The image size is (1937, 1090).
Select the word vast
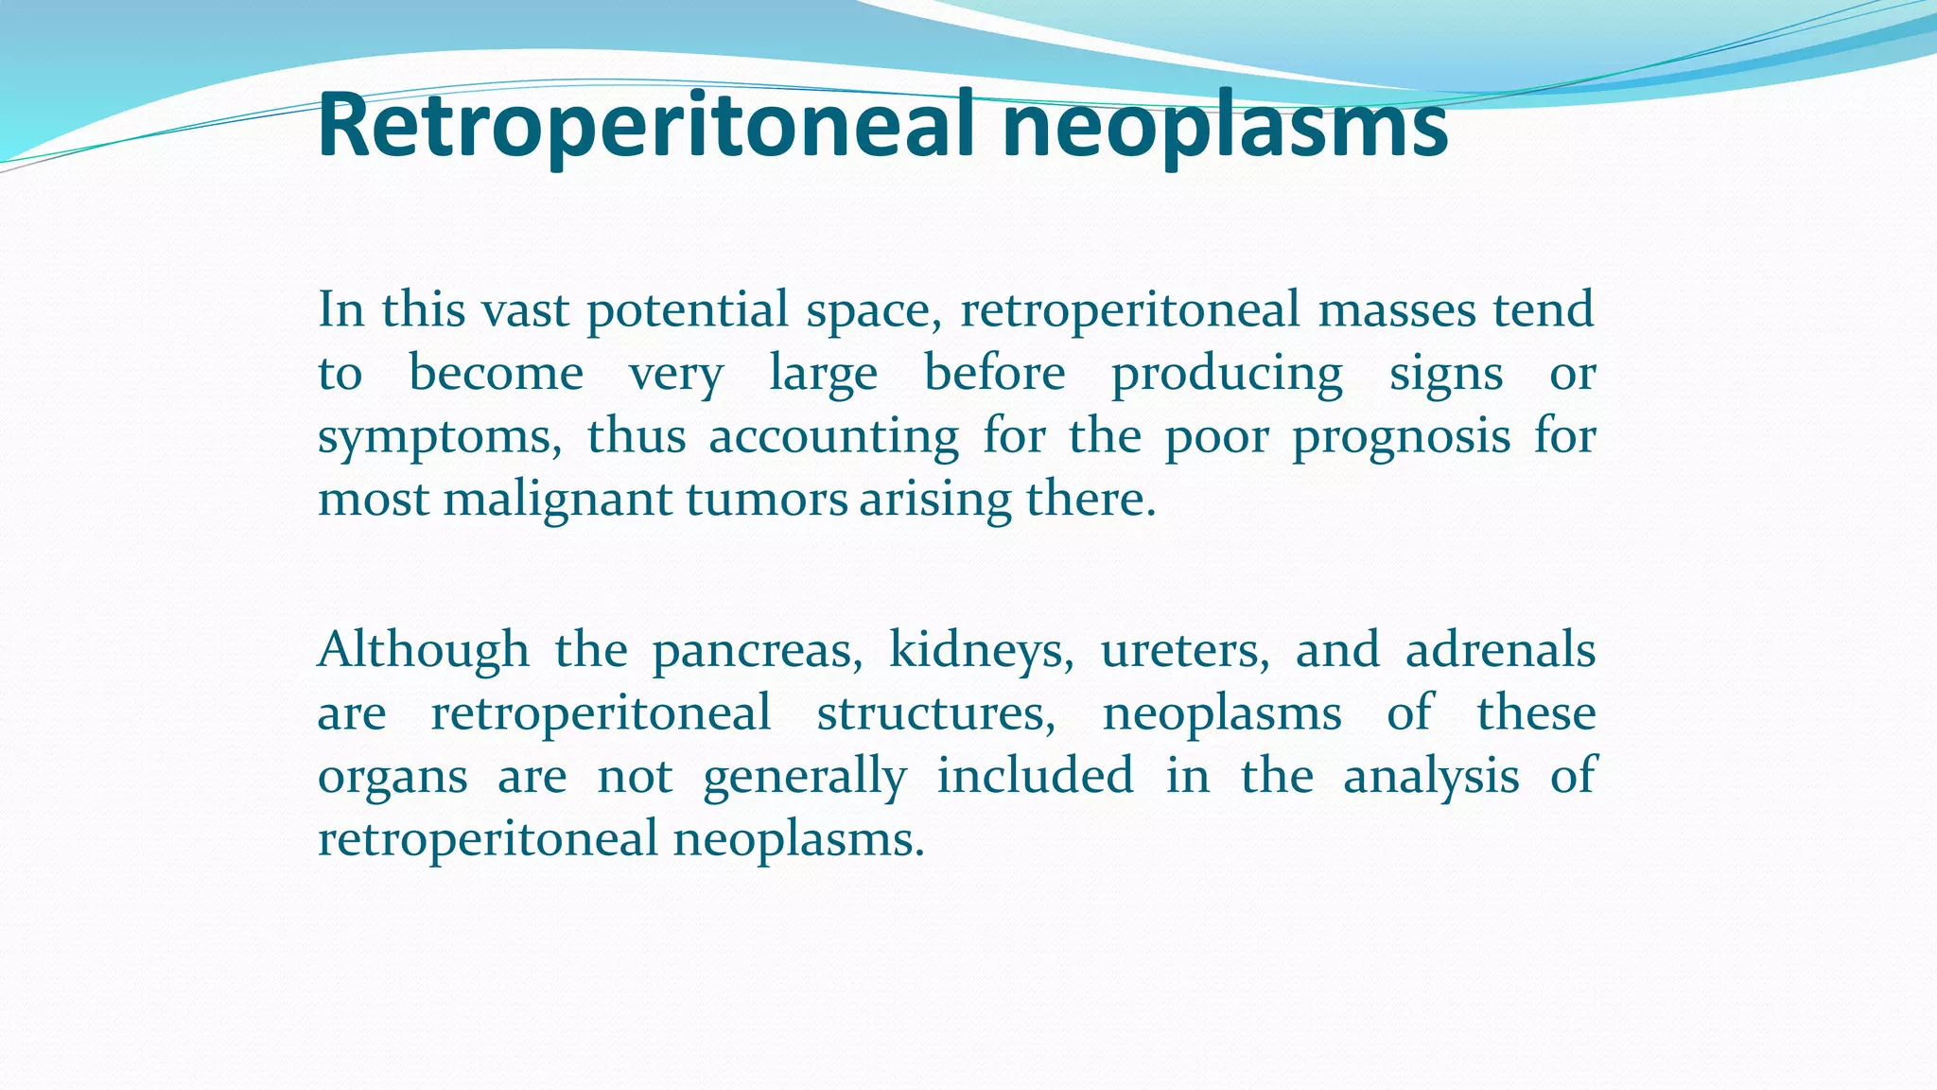click(x=525, y=309)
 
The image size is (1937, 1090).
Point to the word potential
click(x=688, y=311)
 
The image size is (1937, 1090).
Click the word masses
click(x=1396, y=309)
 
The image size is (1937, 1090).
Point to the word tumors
click(x=767, y=499)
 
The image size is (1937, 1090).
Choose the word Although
click(x=423, y=650)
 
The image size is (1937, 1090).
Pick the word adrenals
click(x=1500, y=650)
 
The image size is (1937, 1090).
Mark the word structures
click(x=935, y=713)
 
